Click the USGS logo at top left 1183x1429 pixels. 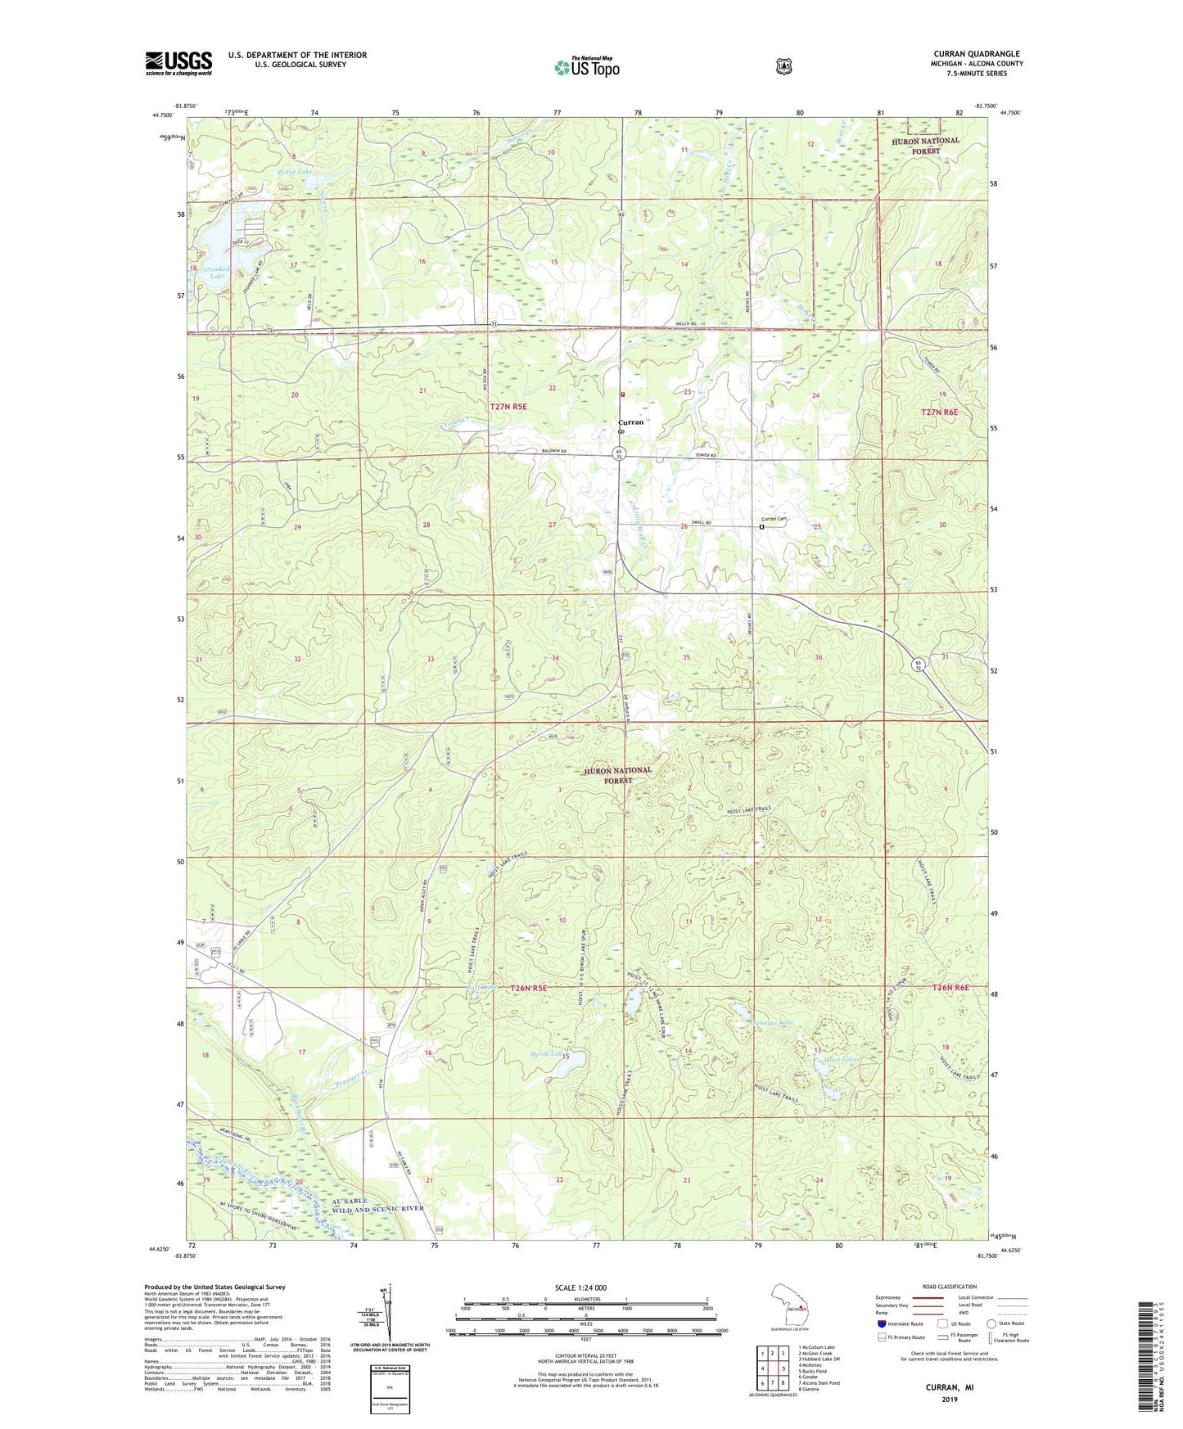point(178,63)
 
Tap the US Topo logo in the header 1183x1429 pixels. point(586,67)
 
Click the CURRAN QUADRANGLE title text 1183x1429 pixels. point(978,54)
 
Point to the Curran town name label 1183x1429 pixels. point(630,422)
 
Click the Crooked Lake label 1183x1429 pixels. point(216,273)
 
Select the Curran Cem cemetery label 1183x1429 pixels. point(774,519)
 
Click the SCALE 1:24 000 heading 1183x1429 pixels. point(580,1287)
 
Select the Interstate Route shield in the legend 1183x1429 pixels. point(881,1323)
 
